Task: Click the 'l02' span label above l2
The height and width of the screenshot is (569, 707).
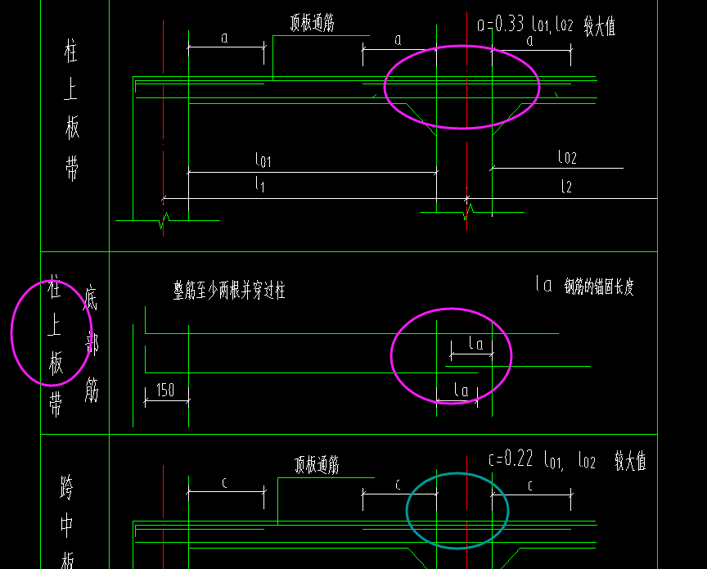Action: click(x=567, y=156)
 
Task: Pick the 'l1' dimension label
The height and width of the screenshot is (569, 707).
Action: click(x=260, y=185)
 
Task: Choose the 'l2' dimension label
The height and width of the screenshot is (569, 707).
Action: click(x=566, y=187)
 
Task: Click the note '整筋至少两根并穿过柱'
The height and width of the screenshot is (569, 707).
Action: click(x=229, y=291)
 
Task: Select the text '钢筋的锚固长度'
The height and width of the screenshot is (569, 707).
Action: click(x=599, y=286)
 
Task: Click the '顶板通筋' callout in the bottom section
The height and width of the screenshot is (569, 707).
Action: click(x=317, y=466)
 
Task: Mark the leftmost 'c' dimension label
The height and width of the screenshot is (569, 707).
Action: click(x=225, y=482)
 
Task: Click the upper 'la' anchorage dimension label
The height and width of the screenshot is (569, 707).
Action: click(x=475, y=344)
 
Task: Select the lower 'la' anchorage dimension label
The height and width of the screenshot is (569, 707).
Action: click(x=462, y=390)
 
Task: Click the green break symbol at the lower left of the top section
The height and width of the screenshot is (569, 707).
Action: click(x=164, y=219)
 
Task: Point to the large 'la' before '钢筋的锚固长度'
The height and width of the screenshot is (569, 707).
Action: click(x=543, y=285)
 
